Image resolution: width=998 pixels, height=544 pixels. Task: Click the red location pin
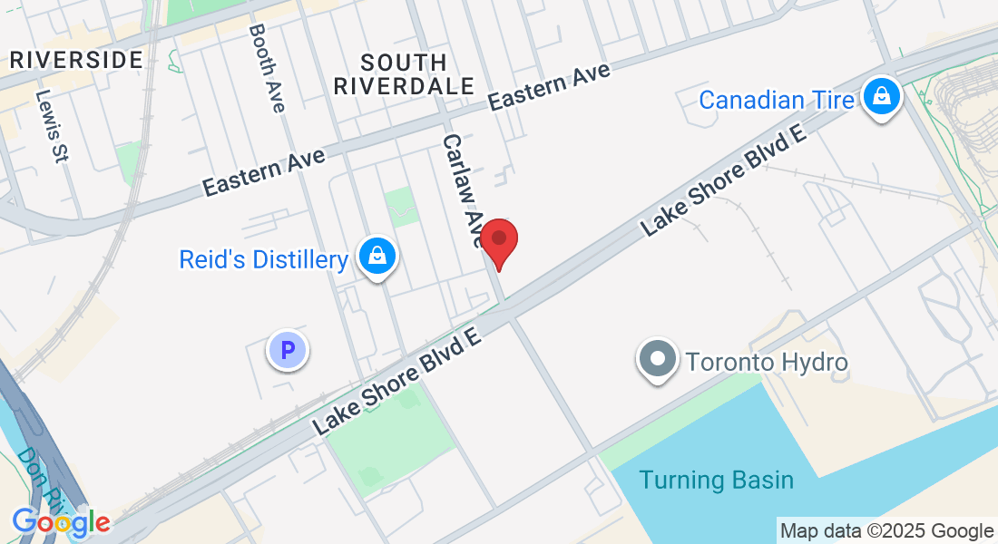click(x=498, y=241)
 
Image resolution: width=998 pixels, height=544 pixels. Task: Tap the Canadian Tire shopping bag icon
click(x=880, y=96)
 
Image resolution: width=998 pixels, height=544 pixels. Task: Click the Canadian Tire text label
click(x=777, y=99)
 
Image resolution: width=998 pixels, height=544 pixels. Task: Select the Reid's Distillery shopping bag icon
click(x=377, y=257)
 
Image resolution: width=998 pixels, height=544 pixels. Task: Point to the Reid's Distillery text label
click(x=263, y=260)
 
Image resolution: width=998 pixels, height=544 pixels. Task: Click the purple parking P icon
click(x=288, y=349)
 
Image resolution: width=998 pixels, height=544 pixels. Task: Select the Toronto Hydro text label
click(x=767, y=364)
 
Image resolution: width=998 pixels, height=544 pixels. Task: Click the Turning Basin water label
click(x=716, y=480)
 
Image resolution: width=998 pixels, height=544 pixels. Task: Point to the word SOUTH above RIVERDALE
click(x=404, y=63)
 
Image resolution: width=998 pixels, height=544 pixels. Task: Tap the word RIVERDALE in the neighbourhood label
click(x=404, y=86)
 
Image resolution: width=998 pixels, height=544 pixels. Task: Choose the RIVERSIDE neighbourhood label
click(x=76, y=61)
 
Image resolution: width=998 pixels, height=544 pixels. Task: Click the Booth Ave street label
click(x=267, y=68)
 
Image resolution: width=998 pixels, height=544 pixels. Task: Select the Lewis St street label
click(x=53, y=125)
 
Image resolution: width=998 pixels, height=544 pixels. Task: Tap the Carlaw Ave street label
click(x=464, y=190)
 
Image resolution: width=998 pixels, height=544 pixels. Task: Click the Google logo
click(x=60, y=522)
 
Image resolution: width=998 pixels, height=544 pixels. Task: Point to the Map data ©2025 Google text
click(x=886, y=531)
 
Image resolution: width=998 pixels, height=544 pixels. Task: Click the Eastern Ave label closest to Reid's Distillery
click(x=264, y=172)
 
